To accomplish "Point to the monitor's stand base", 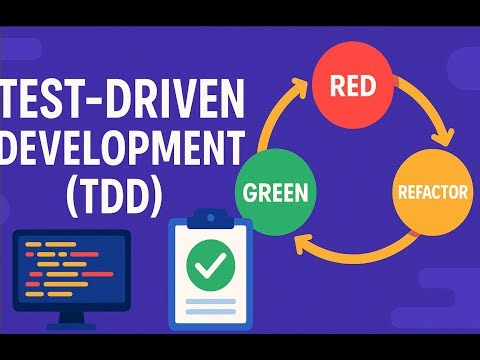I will pos(71,322).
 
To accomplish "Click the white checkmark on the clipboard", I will pos(209,265).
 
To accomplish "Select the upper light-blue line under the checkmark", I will pos(209,300).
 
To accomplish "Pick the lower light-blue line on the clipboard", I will pos(209,312).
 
